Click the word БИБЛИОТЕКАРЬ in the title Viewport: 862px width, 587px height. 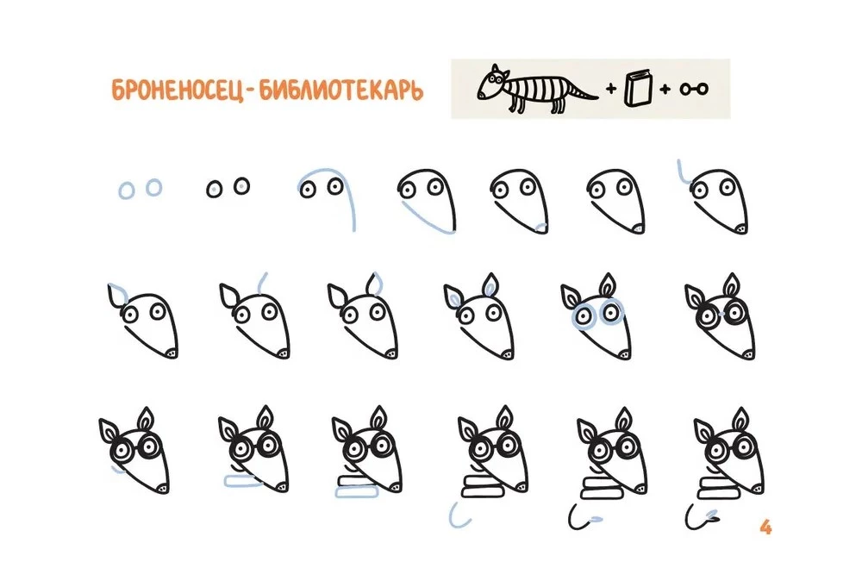(x=341, y=91)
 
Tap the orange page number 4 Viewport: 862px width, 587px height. (x=765, y=528)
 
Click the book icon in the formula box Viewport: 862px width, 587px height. (x=638, y=88)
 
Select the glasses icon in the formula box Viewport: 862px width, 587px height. (x=694, y=89)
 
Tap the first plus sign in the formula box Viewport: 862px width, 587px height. (x=611, y=88)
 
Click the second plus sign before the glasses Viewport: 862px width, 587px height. (x=665, y=89)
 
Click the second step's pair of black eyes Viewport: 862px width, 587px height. (x=228, y=187)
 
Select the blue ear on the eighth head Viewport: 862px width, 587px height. (x=115, y=291)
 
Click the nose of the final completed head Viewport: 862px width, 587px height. (x=758, y=487)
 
